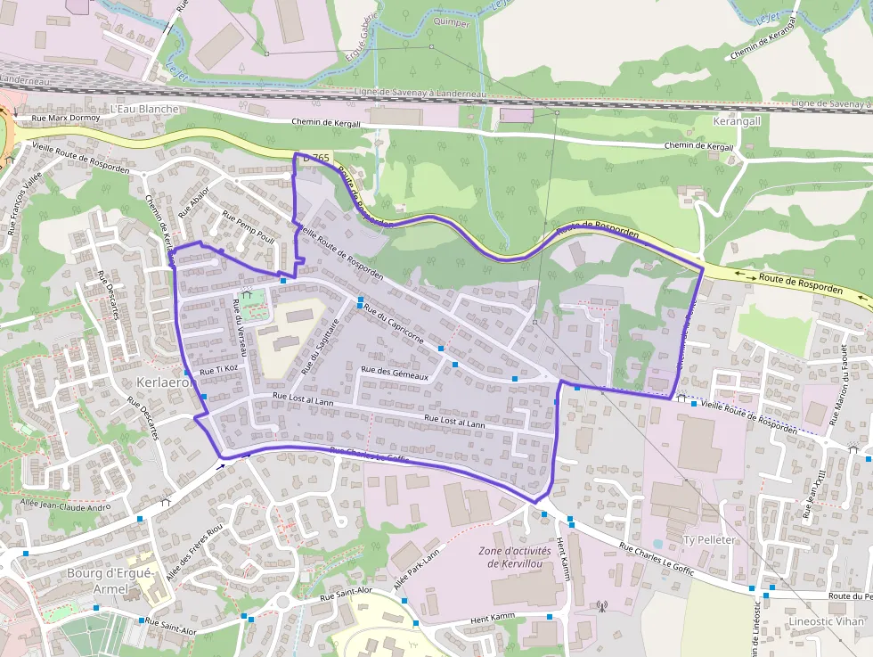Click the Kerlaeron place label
click(167, 382)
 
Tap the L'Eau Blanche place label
click(144, 109)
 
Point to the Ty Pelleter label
click(709, 540)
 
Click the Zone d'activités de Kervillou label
click(515, 556)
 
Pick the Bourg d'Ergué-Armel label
click(110, 580)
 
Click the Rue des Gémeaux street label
click(395, 376)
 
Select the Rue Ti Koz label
click(219, 368)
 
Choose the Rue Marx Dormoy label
click(66, 117)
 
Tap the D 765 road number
click(316, 158)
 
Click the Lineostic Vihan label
click(827, 620)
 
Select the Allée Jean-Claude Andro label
click(66, 505)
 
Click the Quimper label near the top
click(452, 23)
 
